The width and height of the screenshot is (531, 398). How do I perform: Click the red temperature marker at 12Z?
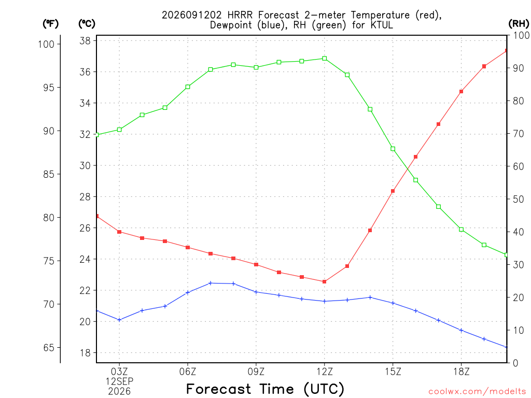pos(325,281)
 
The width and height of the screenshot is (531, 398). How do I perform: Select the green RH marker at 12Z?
pos(325,59)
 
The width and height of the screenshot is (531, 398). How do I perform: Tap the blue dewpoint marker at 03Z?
pos(119,320)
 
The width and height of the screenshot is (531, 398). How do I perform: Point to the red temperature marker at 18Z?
pos(461,91)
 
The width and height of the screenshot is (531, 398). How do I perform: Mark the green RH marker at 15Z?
pos(393,149)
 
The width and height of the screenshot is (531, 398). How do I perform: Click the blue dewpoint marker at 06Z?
pos(188,292)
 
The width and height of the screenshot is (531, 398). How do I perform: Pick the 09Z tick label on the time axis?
pos(256,372)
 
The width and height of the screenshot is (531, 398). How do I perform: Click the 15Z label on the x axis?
pos(393,372)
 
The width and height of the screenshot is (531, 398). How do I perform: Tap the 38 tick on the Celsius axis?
pos(85,41)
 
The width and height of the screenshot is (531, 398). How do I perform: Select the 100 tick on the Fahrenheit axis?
pos(46,44)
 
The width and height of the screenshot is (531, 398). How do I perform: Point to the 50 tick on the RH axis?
pos(518,199)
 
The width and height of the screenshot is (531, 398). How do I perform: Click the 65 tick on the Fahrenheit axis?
pos(49,348)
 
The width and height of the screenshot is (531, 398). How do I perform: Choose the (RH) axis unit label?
pos(519,24)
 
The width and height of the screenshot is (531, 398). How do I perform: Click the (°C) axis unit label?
pos(87,24)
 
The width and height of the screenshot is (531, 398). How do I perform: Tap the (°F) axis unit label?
pos(50,24)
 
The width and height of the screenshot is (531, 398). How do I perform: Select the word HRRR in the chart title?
pos(240,15)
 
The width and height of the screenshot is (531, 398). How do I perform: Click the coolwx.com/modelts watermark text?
pos(477,392)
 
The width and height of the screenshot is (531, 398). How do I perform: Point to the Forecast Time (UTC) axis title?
pos(265,389)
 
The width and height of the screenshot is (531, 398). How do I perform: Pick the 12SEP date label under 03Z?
pos(119,381)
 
